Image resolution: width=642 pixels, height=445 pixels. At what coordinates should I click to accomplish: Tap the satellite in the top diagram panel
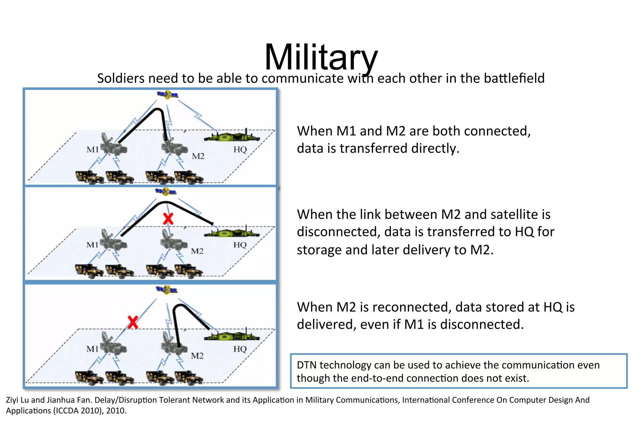point(167,94)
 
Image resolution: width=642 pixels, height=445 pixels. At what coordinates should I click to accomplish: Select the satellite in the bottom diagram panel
point(166,290)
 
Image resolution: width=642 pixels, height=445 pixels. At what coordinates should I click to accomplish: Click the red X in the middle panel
point(168,219)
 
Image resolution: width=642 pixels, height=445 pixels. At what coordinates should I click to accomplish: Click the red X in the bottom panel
point(133,322)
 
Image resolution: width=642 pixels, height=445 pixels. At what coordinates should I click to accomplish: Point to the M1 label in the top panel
point(92,149)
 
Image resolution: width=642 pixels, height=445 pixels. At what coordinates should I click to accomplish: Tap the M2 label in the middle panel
point(197,251)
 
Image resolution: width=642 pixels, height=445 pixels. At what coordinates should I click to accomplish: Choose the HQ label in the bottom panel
point(240,349)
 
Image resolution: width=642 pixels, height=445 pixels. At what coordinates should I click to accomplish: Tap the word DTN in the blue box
point(306,365)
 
